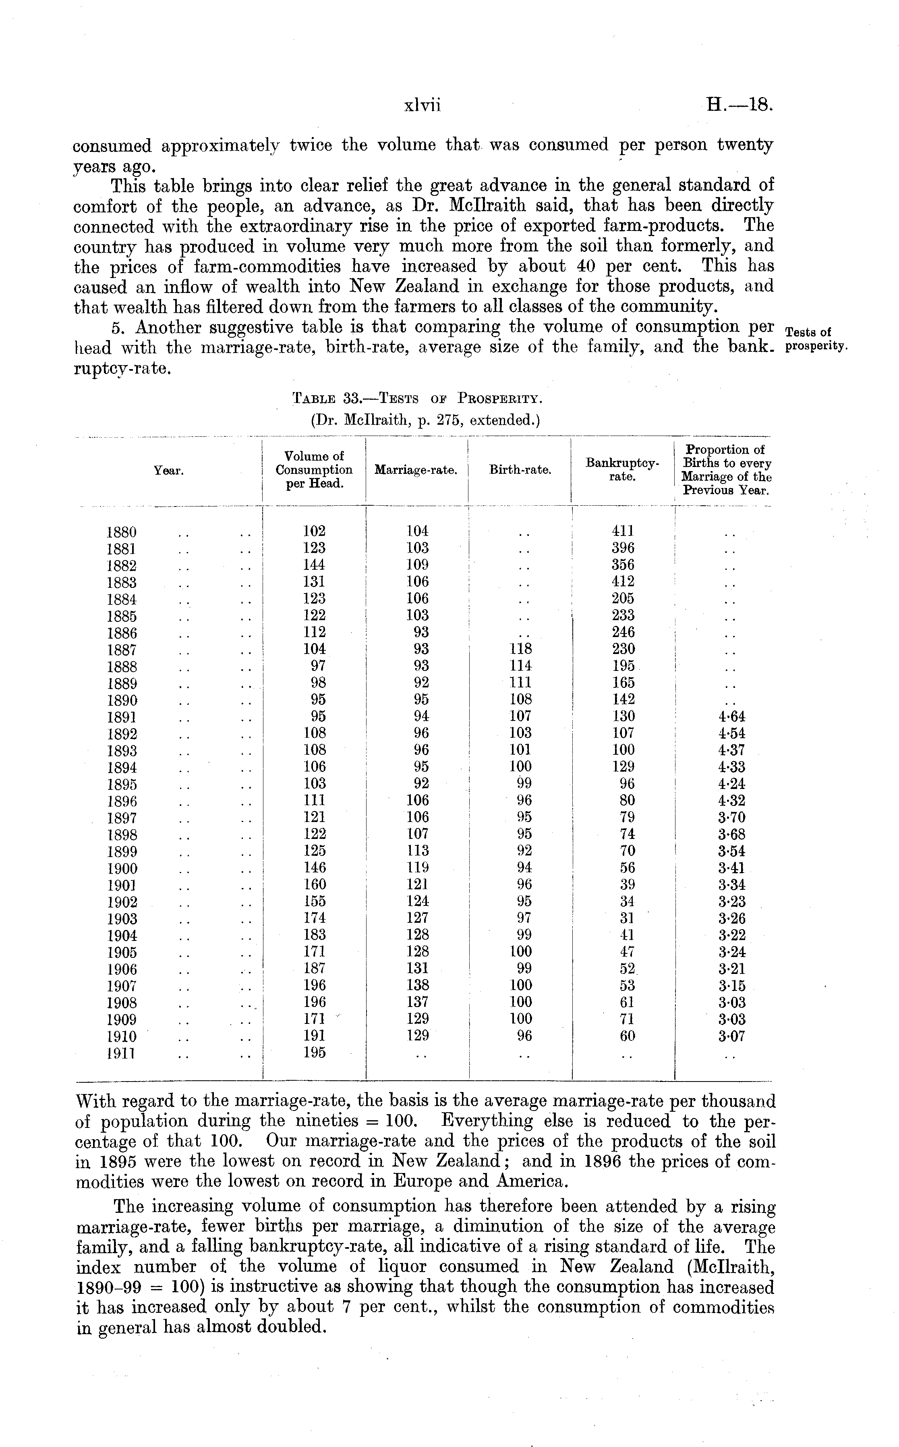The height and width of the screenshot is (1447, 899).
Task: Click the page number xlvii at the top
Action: click(x=422, y=106)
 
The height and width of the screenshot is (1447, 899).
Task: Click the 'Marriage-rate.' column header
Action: click(x=416, y=470)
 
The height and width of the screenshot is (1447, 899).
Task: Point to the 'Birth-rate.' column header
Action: click(x=520, y=470)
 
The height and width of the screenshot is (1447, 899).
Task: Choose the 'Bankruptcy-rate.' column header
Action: click(x=623, y=469)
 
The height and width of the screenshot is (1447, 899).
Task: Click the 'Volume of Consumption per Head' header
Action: click(x=314, y=470)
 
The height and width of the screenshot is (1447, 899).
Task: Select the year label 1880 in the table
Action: click(x=122, y=532)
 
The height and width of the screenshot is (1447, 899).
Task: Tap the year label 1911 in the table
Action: click(x=122, y=1054)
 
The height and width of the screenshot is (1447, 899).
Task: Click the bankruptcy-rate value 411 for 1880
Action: click(x=623, y=531)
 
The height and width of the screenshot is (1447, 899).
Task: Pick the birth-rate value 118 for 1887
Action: click(x=520, y=649)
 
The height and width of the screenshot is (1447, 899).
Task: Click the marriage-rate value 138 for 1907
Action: click(x=417, y=985)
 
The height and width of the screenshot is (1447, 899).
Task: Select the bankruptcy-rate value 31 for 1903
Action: click(x=627, y=918)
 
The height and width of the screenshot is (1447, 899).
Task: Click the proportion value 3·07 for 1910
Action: click(x=731, y=1036)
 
